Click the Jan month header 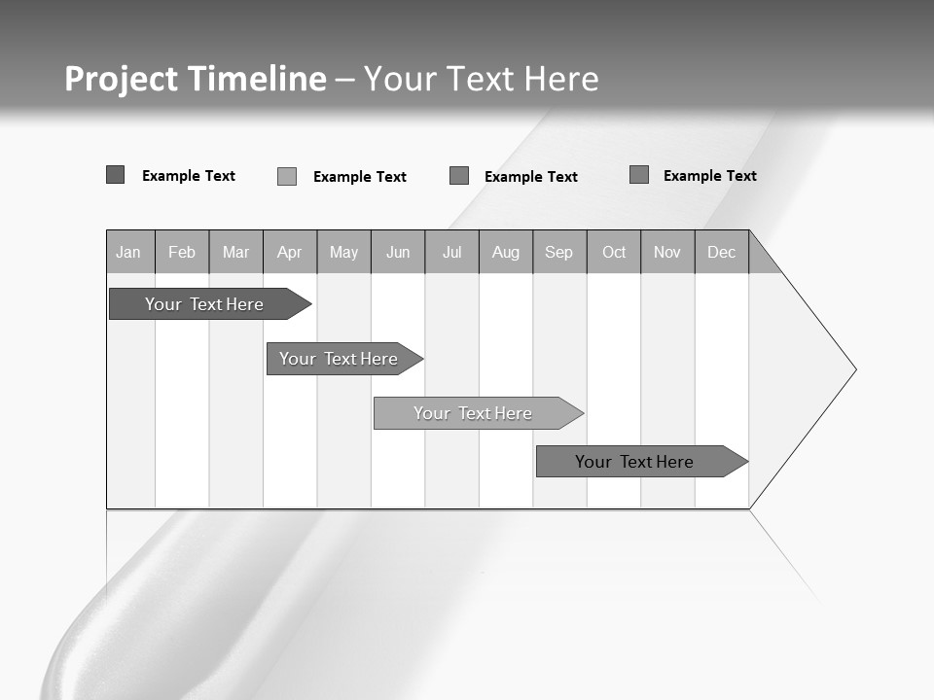pyautogui.click(x=129, y=252)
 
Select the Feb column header pyautogui.click(x=182, y=252)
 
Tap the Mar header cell pyautogui.click(x=235, y=252)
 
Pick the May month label pyautogui.click(x=343, y=252)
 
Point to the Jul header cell pyautogui.click(x=451, y=252)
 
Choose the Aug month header pyautogui.click(x=506, y=252)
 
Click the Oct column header pyautogui.click(x=614, y=252)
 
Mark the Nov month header pyautogui.click(x=667, y=252)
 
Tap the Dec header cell pyautogui.click(x=721, y=252)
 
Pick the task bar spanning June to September pyautogui.click(x=475, y=413)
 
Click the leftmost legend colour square pyautogui.click(x=115, y=175)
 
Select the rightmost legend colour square pyautogui.click(x=638, y=175)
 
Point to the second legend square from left pyautogui.click(x=286, y=176)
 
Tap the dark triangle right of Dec pyautogui.click(x=760, y=259)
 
